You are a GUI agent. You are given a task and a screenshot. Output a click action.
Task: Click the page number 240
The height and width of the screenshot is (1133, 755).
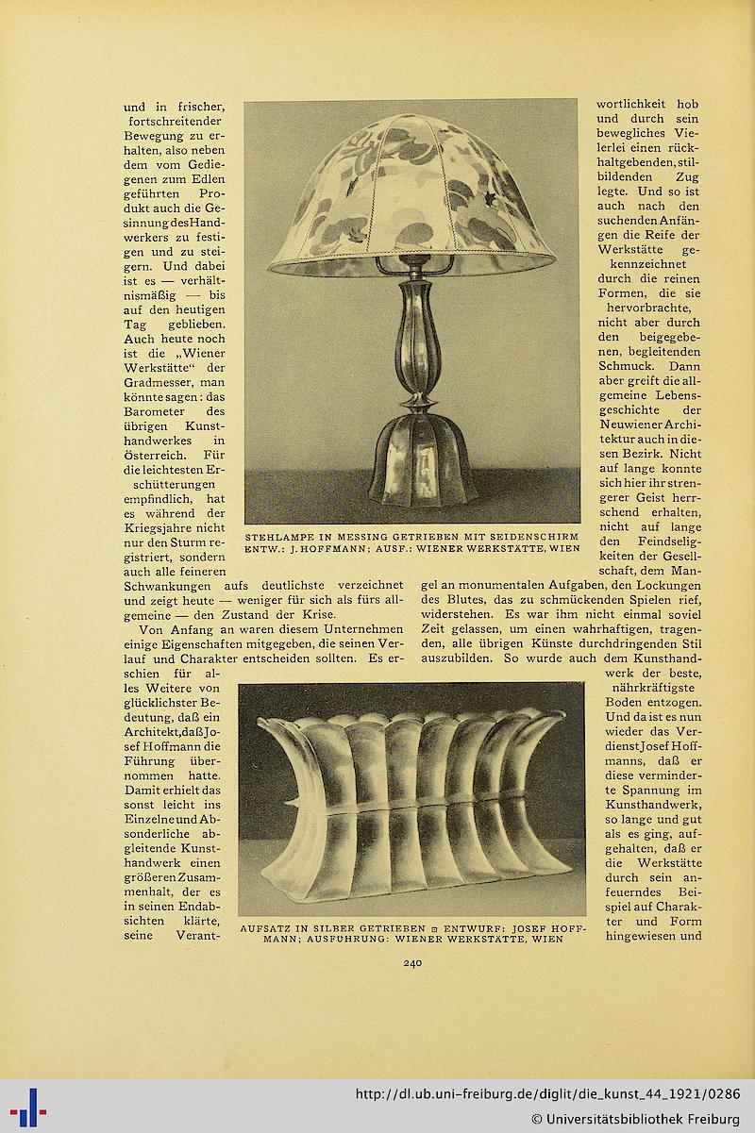click(x=411, y=963)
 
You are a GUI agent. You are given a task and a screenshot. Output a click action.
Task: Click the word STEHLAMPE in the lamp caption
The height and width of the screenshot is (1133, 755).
click(x=280, y=536)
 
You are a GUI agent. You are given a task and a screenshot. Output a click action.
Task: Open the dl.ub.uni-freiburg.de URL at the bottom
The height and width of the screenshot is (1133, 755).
click(x=547, y=1094)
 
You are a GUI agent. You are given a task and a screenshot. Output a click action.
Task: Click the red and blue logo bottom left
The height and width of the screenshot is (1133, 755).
click(x=28, y=1106)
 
